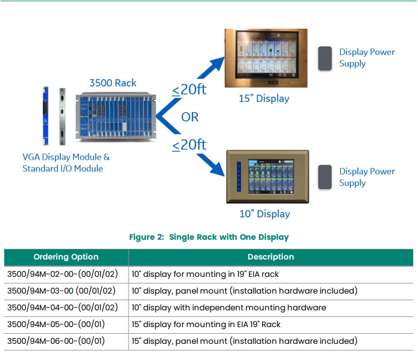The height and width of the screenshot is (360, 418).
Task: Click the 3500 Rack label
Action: pos(112,83)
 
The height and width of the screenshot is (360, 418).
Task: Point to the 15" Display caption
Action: pos(264,99)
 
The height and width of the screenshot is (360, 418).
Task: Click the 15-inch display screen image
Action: pos(266,59)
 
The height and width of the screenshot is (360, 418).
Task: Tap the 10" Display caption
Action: pos(264,214)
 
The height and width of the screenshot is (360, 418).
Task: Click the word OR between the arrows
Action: pos(190,117)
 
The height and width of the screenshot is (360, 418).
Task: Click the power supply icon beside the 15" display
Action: pos(325,58)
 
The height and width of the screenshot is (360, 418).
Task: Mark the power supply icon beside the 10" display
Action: pos(325,177)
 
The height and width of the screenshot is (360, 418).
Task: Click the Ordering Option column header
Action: pos(66,257)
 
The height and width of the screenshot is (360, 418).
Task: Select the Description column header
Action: pos(270,257)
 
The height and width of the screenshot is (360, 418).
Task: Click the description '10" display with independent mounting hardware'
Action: pos(228,307)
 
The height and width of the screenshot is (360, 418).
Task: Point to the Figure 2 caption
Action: pos(209,237)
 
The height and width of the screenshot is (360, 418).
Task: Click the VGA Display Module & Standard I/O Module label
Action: pos(66,163)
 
